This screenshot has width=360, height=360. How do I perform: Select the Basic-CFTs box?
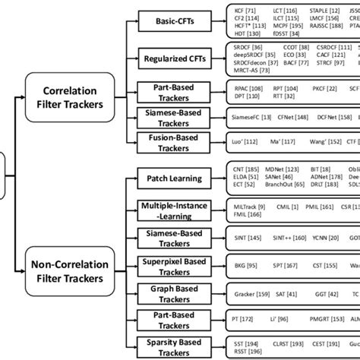pyautogui.click(x=172, y=23)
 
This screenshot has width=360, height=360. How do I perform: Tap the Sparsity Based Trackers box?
pyautogui.click(x=172, y=345)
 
